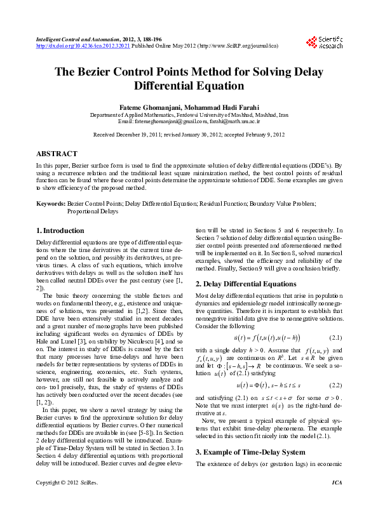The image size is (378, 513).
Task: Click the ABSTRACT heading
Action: coord(57,154)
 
